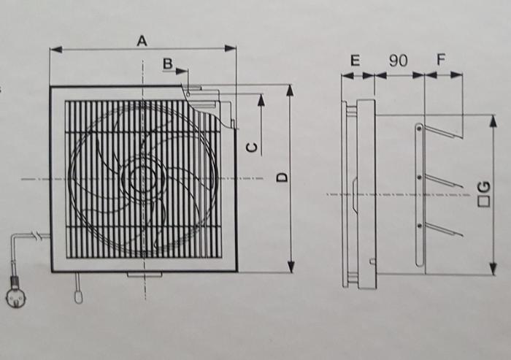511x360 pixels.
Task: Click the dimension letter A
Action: [x=142, y=42]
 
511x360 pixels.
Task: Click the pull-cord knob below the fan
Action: [x=78, y=296]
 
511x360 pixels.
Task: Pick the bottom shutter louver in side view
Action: [x=443, y=229]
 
